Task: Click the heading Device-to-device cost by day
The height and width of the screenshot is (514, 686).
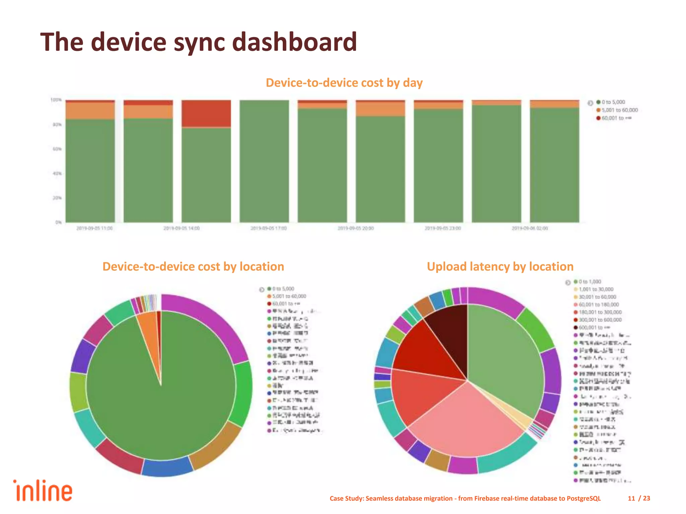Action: pyautogui.click(x=344, y=83)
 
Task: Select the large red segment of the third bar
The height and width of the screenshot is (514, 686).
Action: pyautogui.click(x=206, y=113)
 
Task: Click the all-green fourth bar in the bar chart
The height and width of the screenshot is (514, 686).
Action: pyautogui.click(x=264, y=161)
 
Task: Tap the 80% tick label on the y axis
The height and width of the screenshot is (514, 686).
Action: pyautogui.click(x=57, y=124)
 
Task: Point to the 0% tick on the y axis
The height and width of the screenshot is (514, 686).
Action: pyautogui.click(x=58, y=222)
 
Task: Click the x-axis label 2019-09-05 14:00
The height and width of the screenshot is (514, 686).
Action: pyautogui.click(x=181, y=228)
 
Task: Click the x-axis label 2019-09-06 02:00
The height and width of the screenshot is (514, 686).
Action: pyautogui.click(x=530, y=228)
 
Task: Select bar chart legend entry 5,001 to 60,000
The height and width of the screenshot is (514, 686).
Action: pyautogui.click(x=619, y=110)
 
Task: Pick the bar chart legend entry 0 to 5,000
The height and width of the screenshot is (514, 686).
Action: pyautogui.click(x=613, y=102)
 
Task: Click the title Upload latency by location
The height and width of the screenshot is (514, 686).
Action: pyautogui.click(x=500, y=266)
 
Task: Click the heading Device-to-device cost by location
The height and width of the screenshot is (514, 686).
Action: pyautogui.click(x=193, y=266)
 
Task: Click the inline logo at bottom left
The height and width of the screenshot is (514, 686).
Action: pyautogui.click(x=43, y=491)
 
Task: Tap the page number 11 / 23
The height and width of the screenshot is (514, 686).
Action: pyautogui.click(x=639, y=498)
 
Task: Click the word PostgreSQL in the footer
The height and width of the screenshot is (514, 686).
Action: pyautogui.click(x=584, y=498)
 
